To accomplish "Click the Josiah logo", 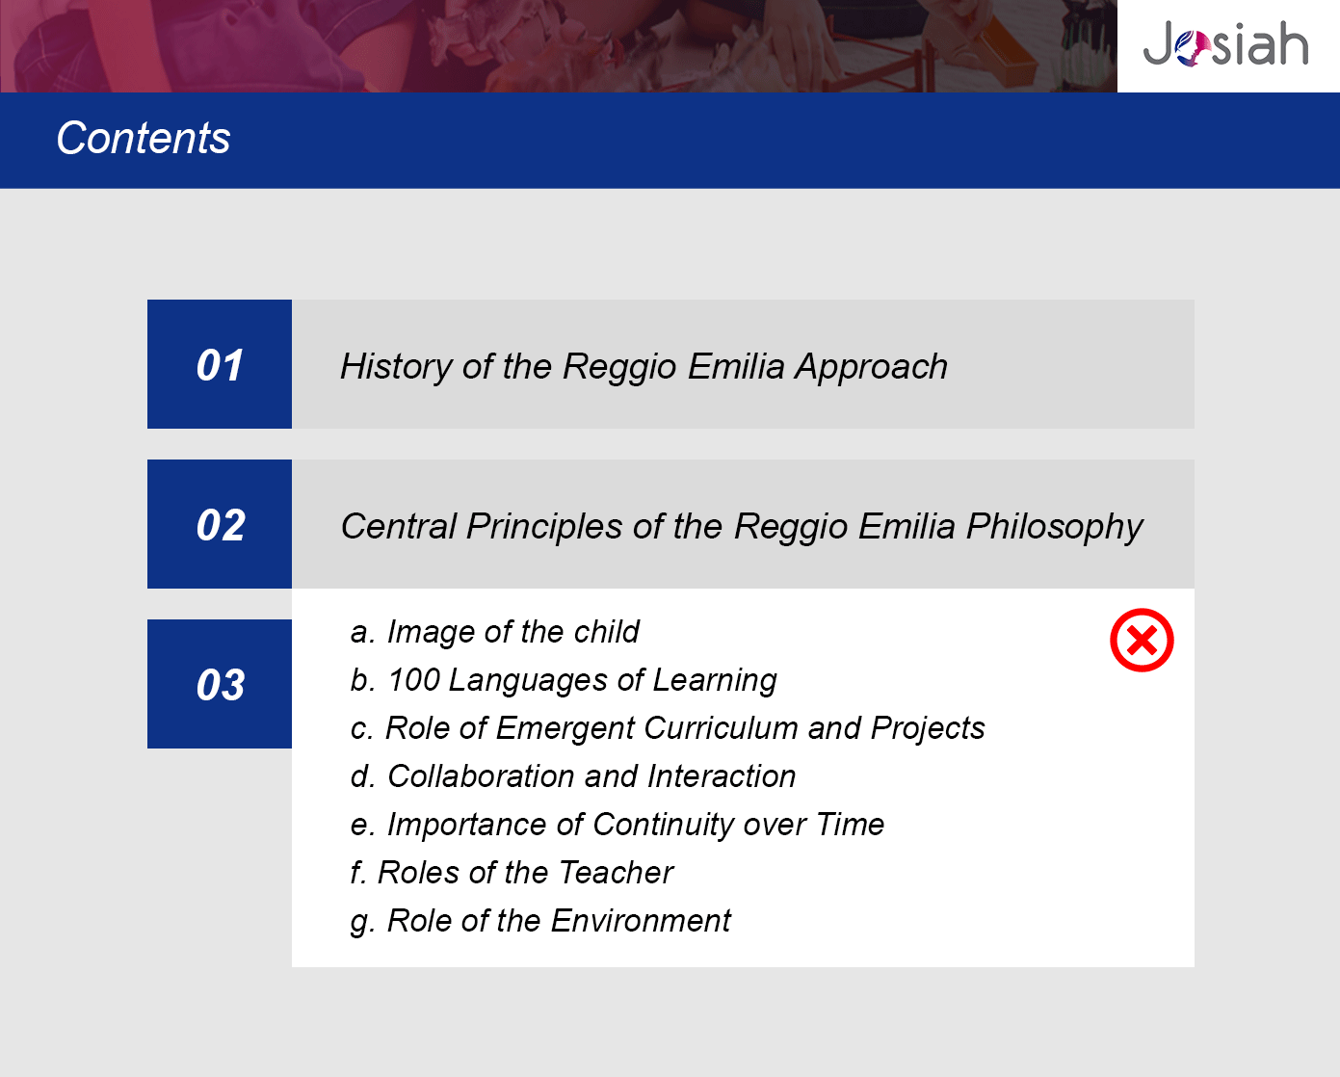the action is [x=1225, y=44].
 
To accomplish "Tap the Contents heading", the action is [x=144, y=138].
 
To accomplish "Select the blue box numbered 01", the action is [x=220, y=364].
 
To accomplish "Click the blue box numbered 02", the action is [x=220, y=524].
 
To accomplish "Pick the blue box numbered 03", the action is [x=220, y=684].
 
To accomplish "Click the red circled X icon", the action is [x=1142, y=640].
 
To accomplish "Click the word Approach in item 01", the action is [x=871, y=367].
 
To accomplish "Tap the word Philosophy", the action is [x=1054, y=527].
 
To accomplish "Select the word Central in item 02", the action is [x=399, y=526].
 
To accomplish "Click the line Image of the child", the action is [x=495, y=632].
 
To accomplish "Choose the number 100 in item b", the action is [x=413, y=679].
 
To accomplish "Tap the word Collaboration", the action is [x=481, y=776].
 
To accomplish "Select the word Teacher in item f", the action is [x=616, y=872].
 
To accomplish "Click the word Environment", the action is [x=641, y=921].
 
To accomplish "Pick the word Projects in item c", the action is [x=928, y=728].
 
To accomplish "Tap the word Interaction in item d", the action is [x=722, y=776].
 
